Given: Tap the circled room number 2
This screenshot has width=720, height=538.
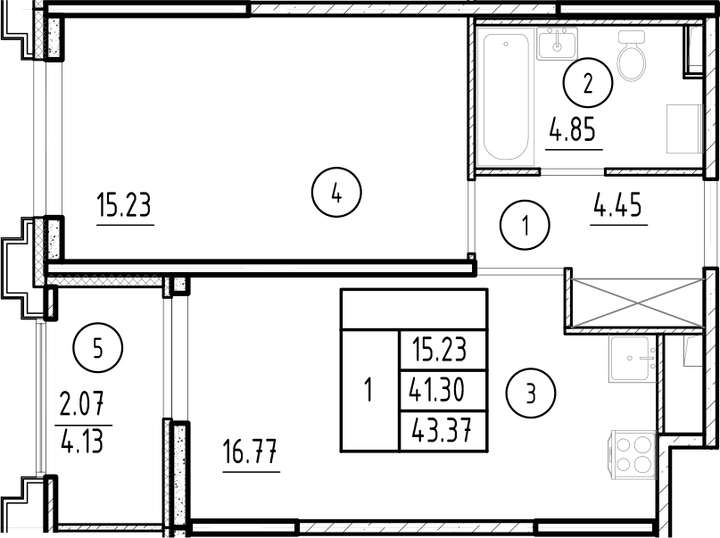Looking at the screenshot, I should (587, 85).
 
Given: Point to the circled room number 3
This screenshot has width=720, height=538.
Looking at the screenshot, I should (531, 392).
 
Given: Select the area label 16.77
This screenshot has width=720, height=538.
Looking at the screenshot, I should (251, 456).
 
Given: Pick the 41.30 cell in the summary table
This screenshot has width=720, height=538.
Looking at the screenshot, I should (443, 389).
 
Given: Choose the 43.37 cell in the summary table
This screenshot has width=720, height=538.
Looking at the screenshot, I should (443, 432).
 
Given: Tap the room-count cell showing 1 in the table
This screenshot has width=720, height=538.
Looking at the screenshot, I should (369, 390).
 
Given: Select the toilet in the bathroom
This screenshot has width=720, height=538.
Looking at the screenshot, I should (633, 55).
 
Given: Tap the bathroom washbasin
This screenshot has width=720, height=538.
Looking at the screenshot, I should (558, 42).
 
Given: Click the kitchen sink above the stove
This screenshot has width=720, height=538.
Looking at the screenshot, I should (633, 359).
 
